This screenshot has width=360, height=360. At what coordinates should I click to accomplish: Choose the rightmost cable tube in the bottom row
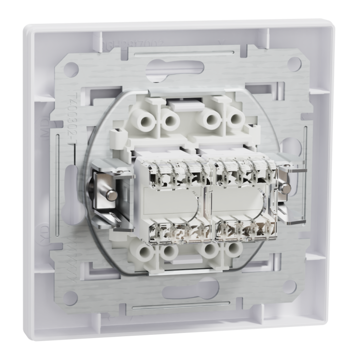point(234,250)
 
